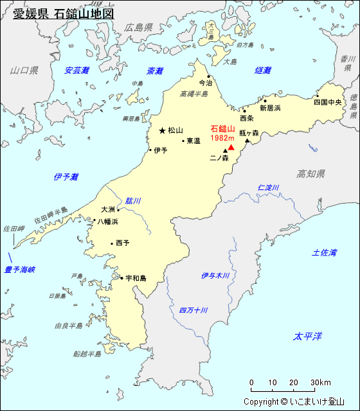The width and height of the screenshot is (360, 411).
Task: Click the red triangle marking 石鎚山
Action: click(231, 147)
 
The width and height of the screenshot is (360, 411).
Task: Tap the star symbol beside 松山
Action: click(162, 130)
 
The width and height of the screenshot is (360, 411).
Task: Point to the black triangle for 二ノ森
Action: click(225, 152)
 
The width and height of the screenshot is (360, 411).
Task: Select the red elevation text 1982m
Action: click(221, 138)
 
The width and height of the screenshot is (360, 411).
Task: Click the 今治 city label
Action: click(204, 83)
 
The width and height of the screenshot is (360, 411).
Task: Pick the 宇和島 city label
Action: click(136, 278)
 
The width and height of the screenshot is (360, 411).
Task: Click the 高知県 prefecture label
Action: click(311, 174)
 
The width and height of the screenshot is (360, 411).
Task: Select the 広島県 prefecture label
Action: click(138, 28)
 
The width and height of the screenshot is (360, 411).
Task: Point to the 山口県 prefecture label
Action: click(24, 70)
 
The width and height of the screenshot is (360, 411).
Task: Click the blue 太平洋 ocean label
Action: click(307, 337)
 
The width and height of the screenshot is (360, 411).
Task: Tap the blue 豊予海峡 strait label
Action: click(20, 270)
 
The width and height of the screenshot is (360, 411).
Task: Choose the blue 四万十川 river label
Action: click(194, 310)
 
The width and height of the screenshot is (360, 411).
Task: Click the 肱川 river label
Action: click(133, 200)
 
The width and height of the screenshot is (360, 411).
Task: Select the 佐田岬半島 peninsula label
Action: click(51, 219)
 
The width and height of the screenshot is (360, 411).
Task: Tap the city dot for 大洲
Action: click(118, 210)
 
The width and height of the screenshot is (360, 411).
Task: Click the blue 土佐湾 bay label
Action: click(324, 253)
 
